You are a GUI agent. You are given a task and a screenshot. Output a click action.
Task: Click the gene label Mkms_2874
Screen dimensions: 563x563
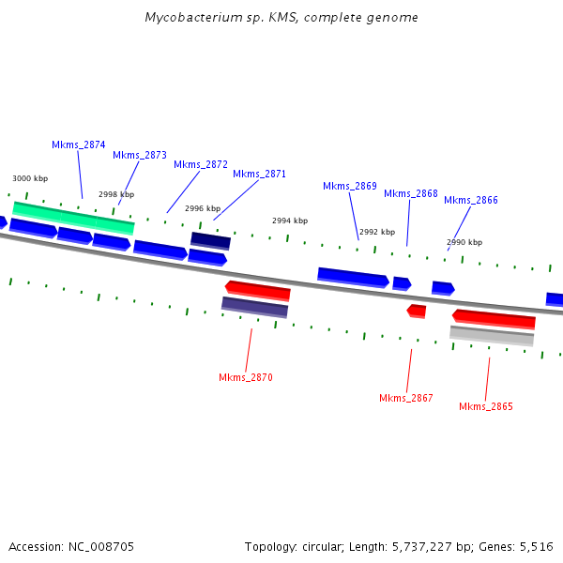click(78, 145)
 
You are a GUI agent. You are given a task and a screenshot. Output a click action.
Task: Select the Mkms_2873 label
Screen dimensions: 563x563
click(140, 155)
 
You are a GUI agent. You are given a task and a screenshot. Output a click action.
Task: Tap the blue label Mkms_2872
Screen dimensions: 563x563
click(201, 164)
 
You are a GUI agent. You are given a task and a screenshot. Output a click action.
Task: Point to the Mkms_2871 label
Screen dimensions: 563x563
click(259, 174)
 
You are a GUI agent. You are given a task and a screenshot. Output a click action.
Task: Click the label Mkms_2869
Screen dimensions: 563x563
click(350, 186)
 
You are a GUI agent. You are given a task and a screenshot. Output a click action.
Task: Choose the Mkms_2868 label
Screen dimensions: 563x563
click(411, 193)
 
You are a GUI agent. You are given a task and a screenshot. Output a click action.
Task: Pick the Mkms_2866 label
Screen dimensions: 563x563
click(471, 200)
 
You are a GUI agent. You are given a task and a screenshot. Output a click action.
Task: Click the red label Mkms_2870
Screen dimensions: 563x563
click(246, 377)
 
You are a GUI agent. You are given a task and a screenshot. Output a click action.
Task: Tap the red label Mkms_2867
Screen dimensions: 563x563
click(406, 398)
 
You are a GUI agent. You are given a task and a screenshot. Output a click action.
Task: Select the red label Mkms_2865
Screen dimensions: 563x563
click(486, 406)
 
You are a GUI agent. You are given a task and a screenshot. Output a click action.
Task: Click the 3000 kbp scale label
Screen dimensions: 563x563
click(30, 178)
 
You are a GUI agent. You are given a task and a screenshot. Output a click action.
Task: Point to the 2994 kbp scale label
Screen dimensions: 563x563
click(290, 221)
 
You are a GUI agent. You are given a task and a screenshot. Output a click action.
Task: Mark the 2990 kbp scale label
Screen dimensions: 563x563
click(464, 242)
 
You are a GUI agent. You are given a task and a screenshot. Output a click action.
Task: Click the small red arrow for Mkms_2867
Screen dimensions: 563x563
click(417, 311)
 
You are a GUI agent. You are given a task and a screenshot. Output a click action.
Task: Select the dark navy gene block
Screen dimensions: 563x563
click(210, 240)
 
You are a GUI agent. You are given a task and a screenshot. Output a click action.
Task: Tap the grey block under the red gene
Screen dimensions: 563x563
click(492, 334)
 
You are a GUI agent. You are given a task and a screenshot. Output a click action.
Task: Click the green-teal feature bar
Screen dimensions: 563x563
click(72, 217)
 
